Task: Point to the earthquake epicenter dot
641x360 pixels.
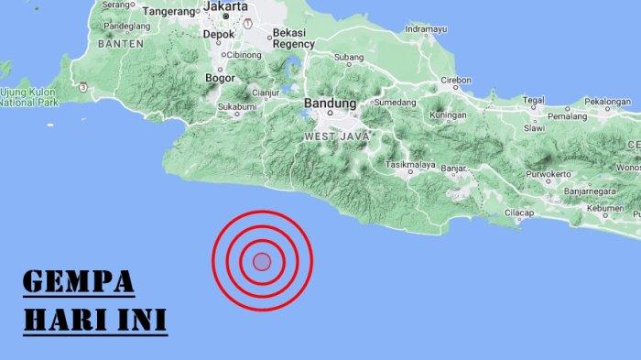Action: pyautogui.click(x=262, y=262)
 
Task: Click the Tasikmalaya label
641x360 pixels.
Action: pyautogui.click(x=408, y=165)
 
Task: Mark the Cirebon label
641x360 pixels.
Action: pyautogui.click(x=456, y=81)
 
